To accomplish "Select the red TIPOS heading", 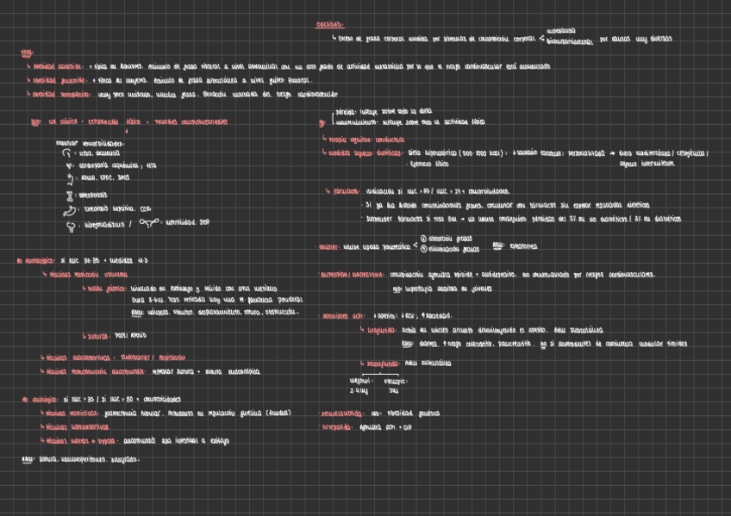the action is pos(27,53).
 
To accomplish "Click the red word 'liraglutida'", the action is pos(379,330).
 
